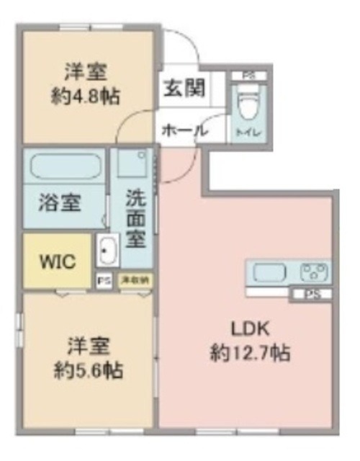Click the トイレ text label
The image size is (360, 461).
coord(248,132)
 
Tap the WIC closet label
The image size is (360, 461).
coord(58,261)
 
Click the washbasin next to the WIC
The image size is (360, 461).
coord(108,251)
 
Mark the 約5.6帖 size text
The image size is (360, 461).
coord(89,371)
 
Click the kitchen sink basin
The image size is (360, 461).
coord(268,273)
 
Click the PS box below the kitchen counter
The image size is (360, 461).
coord(311,294)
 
